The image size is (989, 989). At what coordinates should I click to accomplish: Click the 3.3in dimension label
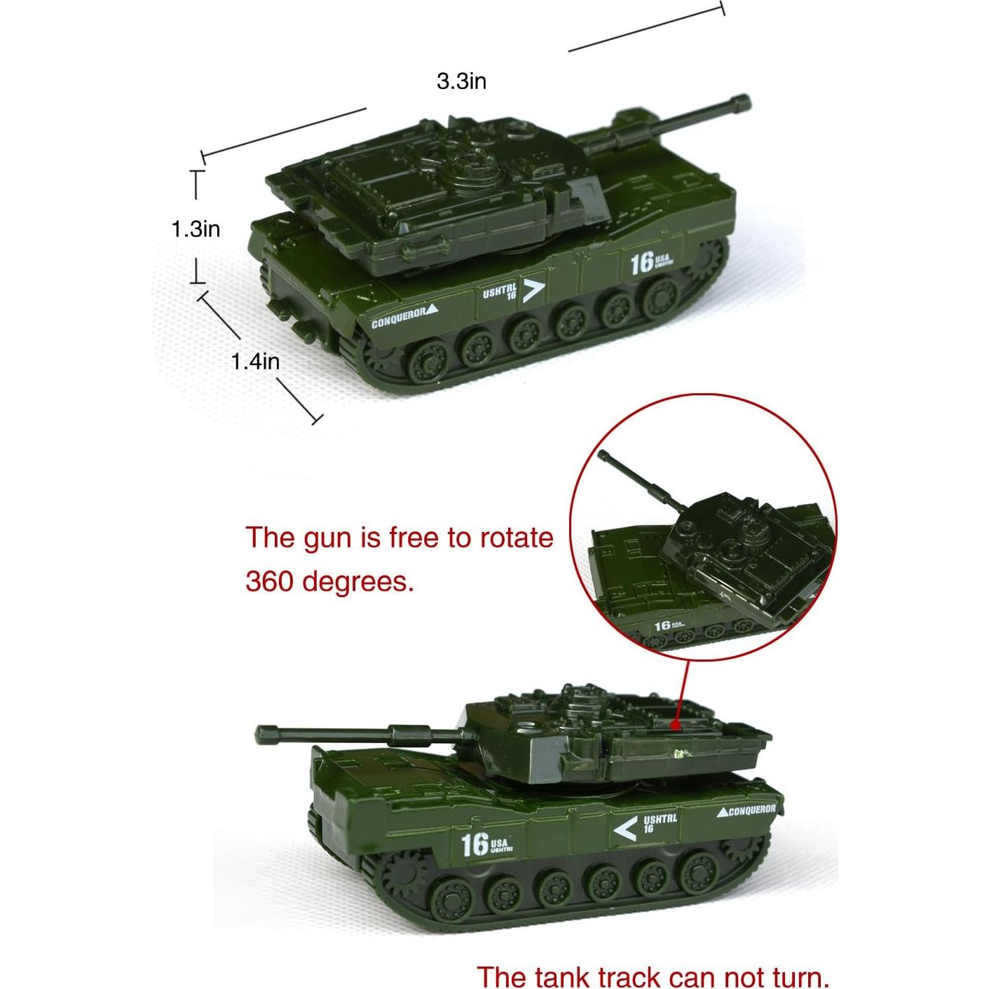[x=461, y=81]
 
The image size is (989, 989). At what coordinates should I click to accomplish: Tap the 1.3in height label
[x=196, y=229]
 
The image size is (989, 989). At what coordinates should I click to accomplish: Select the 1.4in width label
[x=255, y=361]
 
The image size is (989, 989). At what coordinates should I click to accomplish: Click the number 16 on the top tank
[x=641, y=264]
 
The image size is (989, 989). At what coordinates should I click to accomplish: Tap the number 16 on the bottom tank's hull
[x=475, y=844]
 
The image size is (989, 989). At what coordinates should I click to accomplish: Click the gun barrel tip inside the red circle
[x=603, y=456]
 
